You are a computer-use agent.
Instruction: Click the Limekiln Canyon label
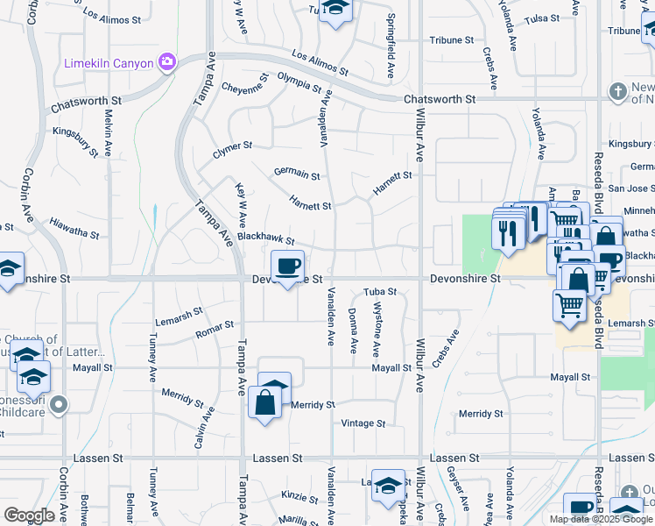point(109,62)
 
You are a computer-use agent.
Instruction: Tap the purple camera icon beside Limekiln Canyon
point(166,61)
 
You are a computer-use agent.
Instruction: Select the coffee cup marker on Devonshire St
point(287,267)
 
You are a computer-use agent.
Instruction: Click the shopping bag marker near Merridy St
point(264,403)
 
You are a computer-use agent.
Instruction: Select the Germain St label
point(296,175)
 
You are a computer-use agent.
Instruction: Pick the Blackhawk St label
point(264,238)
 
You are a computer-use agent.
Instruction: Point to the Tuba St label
point(380,291)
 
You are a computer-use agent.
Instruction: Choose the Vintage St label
point(363,423)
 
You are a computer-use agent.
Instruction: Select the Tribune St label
point(451,40)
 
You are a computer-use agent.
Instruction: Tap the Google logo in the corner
point(29,515)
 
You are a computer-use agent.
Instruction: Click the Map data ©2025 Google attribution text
point(602,519)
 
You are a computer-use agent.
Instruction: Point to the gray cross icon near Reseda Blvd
point(617,91)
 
